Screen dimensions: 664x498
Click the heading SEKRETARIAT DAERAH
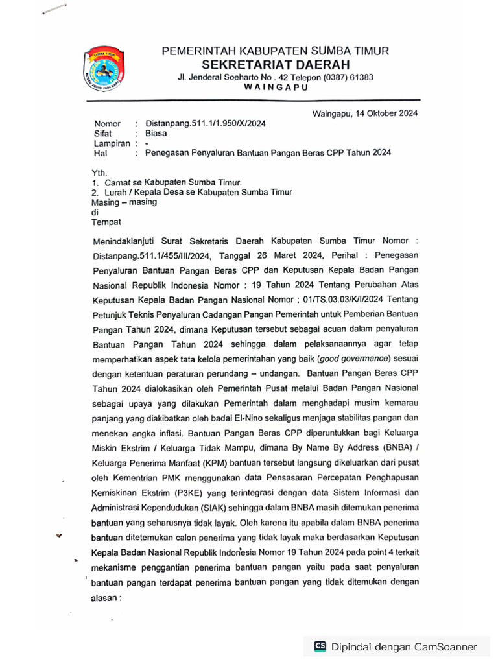tap(276, 64)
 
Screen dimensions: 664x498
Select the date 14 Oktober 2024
tap(386, 113)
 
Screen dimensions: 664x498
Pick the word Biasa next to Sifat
tap(156, 134)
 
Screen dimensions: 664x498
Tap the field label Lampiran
tap(112, 143)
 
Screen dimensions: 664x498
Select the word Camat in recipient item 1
tap(119, 183)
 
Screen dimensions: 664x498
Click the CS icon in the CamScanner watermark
tap(320, 646)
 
